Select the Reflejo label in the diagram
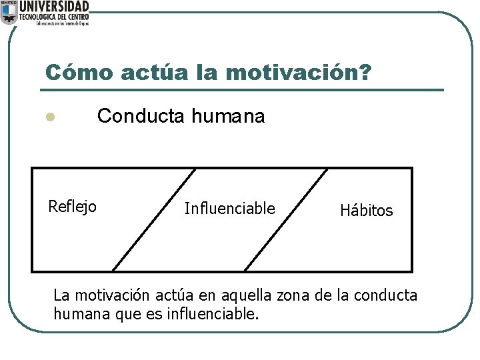[72, 207]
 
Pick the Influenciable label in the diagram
[229, 209]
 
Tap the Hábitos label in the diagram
[367, 211]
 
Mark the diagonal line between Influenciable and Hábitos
[287, 220]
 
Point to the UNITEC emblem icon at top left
[9, 12]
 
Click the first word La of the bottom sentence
[61, 295]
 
